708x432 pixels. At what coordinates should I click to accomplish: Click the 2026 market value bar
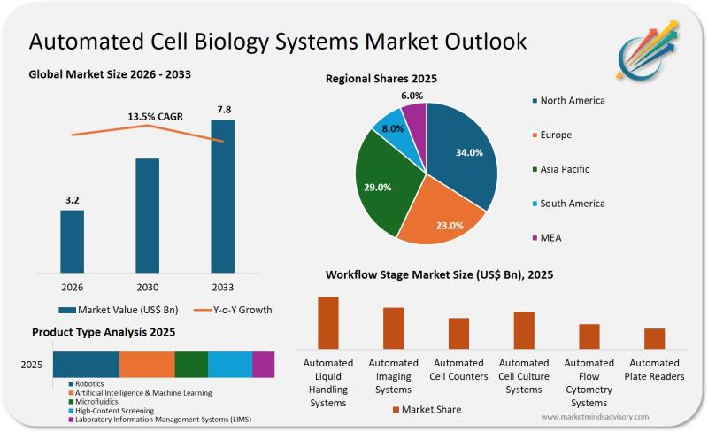72,241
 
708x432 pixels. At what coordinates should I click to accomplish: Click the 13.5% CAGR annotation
147,116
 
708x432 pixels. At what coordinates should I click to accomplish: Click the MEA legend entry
558,237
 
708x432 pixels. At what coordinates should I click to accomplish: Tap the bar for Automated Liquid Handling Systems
328,323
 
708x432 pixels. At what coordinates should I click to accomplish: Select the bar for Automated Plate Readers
654,339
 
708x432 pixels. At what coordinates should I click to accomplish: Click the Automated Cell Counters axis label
458,369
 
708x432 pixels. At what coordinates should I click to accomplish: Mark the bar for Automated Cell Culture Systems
524,330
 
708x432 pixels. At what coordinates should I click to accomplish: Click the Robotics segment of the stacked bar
86,365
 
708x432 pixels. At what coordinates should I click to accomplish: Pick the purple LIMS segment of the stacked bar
263,365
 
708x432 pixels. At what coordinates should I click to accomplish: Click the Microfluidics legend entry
97,401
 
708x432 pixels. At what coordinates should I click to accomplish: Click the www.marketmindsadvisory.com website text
594,416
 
